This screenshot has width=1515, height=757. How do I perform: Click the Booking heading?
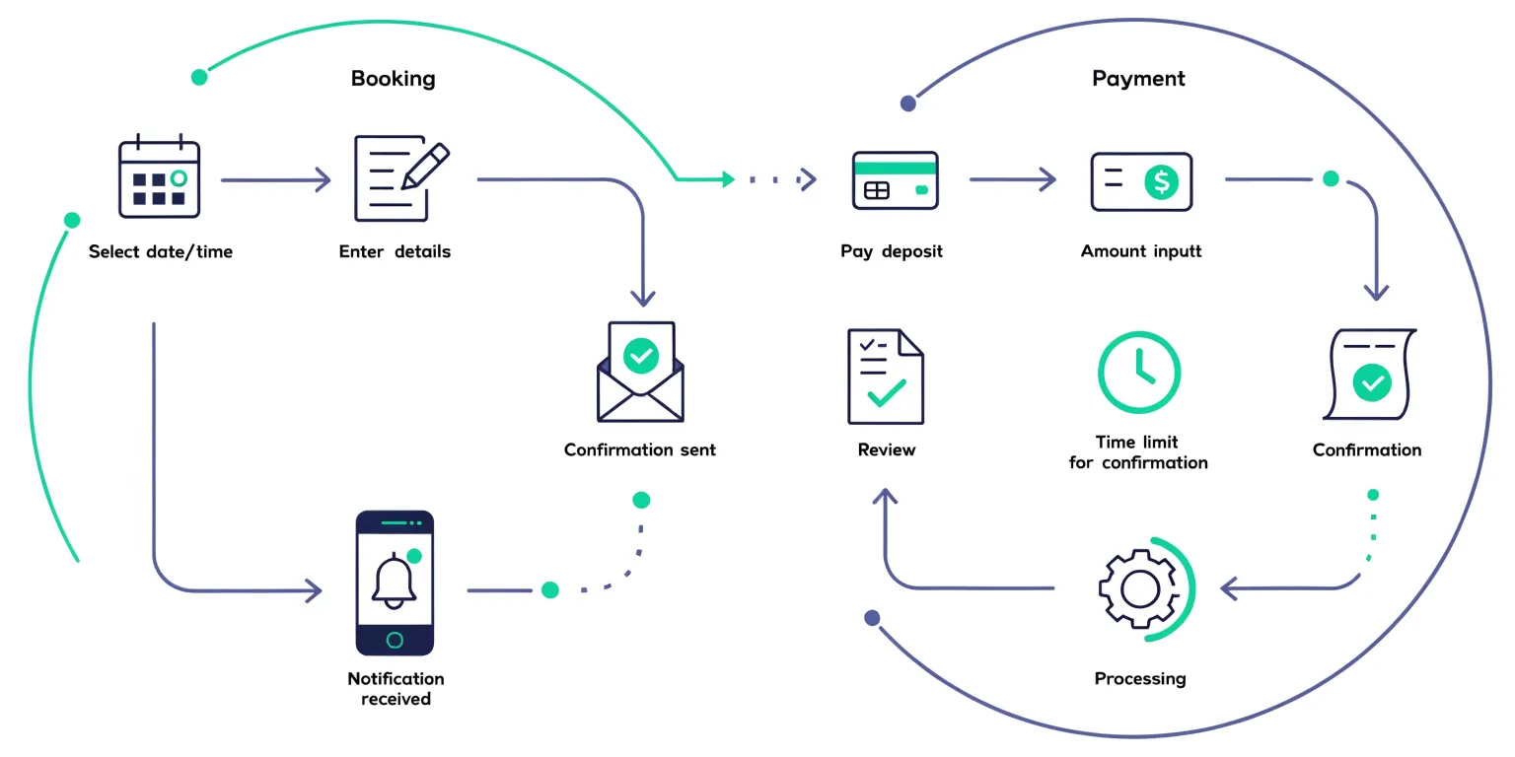pyautogui.click(x=393, y=78)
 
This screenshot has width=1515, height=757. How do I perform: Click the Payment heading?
pyautogui.click(x=1138, y=78)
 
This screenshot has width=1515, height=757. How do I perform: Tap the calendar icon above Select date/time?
pyautogui.click(x=159, y=177)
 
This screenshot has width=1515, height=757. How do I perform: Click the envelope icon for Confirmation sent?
pyautogui.click(x=641, y=372)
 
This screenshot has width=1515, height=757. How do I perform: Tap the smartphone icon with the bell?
pyautogui.click(x=395, y=583)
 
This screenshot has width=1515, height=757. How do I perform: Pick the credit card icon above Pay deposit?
pyautogui.click(x=895, y=180)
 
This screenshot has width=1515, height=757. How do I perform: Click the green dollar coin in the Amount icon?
pyautogui.click(x=1161, y=181)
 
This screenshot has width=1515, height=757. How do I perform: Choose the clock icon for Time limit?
pyautogui.click(x=1139, y=373)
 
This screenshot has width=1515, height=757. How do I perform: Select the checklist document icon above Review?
pyautogui.click(x=885, y=377)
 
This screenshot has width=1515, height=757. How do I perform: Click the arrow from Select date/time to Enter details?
pyautogui.click(x=276, y=179)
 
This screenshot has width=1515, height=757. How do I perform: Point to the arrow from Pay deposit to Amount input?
pyautogui.click(x=1012, y=179)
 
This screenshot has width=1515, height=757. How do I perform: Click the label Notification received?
pyautogui.click(x=396, y=689)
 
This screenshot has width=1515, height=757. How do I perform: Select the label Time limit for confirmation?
pyautogui.click(x=1138, y=452)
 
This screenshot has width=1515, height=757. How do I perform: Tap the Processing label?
pyautogui.click(x=1140, y=678)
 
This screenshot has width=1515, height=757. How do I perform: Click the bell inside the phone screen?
pyautogui.click(x=393, y=582)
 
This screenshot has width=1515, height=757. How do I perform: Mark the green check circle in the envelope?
pyautogui.click(x=641, y=355)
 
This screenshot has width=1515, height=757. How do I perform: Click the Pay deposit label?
pyautogui.click(x=892, y=251)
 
